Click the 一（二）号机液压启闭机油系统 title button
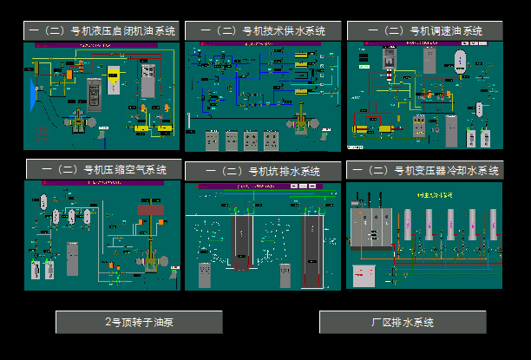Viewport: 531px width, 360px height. tap(102, 30)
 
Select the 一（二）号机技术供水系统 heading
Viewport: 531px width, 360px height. tap(263, 30)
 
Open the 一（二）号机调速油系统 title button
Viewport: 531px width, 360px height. tap(424, 30)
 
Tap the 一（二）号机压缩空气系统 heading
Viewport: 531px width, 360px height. tap(102, 169)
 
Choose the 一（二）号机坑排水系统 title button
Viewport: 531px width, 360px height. tap(263, 171)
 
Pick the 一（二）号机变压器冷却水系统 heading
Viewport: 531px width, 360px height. tap(424, 170)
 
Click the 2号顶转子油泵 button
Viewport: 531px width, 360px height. tap(139, 322)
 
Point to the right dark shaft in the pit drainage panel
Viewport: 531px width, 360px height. tap(311, 252)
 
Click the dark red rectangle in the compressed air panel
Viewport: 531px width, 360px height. tap(144, 209)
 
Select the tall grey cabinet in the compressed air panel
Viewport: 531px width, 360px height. tap(72, 261)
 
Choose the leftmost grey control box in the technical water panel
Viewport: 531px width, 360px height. tap(212, 140)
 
